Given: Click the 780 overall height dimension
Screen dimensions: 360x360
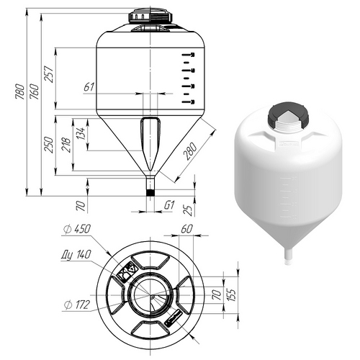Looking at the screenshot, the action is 20,91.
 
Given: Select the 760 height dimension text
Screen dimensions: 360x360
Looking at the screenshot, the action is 34,91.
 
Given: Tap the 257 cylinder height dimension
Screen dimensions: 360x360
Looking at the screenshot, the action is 49,74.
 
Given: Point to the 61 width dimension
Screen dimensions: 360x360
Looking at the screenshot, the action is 89,87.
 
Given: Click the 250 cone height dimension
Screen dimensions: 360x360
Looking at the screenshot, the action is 49,145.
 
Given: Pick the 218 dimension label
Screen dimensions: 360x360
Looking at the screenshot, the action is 67,145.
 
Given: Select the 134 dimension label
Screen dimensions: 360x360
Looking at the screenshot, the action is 81,133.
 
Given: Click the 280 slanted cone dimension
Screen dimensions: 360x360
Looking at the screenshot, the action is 190,151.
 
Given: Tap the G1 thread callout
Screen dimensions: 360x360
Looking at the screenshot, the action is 169,205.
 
